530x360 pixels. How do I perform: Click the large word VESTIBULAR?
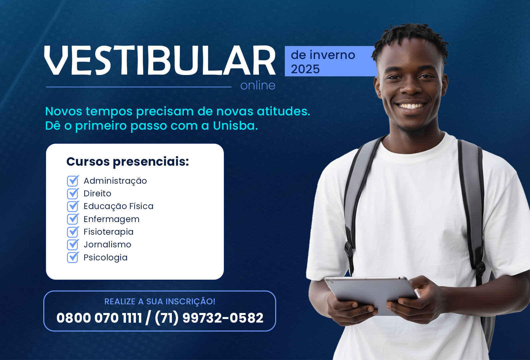[160, 61]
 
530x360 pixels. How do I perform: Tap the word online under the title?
[258, 85]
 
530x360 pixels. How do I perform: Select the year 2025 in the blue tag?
[305, 69]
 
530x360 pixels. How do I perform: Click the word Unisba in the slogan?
[235, 125]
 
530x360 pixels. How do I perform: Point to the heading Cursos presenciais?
[128, 162]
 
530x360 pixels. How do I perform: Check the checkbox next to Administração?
[73, 181]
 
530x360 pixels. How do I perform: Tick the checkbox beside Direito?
[73, 194]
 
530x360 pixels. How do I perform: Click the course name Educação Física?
[119, 206]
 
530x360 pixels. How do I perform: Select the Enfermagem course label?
[112, 219]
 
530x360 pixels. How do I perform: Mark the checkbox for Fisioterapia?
[73, 232]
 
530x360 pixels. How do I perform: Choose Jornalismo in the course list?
[107, 244]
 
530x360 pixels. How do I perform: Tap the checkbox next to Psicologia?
[73, 258]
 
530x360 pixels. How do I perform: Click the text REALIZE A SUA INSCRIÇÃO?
[160, 302]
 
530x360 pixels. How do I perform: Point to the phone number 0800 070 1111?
[99, 318]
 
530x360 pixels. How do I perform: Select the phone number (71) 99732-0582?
[209, 318]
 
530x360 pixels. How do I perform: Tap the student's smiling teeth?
[411, 105]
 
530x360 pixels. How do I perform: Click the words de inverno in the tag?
[323, 55]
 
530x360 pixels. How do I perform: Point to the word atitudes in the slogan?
[283, 111]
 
